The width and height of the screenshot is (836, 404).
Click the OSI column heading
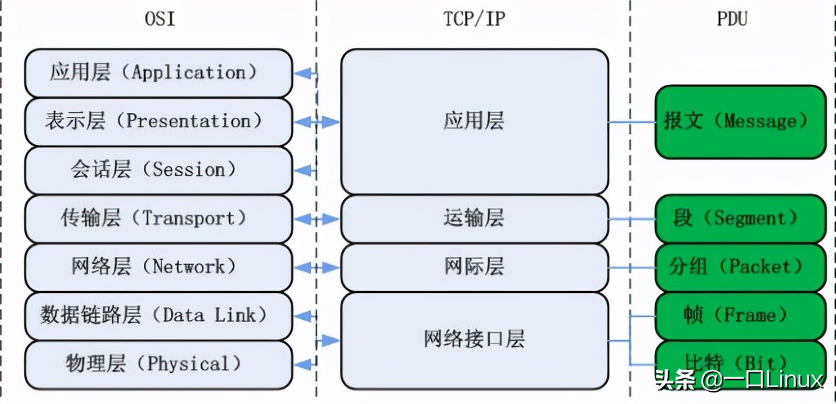[x=160, y=19]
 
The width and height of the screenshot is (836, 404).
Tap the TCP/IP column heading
[x=473, y=19]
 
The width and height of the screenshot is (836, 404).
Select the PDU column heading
[x=732, y=19]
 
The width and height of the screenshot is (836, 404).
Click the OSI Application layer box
[x=158, y=73]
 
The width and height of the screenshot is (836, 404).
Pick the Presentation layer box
[x=158, y=122]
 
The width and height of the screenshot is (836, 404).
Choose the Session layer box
[x=158, y=170]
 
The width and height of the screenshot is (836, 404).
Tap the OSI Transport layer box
[x=158, y=219]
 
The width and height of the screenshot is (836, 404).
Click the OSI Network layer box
[x=158, y=267]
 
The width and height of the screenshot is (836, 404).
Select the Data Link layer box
[x=158, y=315]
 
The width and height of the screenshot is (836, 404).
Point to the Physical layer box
[x=158, y=364]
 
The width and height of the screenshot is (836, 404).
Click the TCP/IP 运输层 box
[x=474, y=219]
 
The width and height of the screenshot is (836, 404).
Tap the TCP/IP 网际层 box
[x=474, y=267]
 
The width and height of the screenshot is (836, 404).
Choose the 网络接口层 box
[x=474, y=339]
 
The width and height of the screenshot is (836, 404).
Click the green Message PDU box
[x=740, y=122]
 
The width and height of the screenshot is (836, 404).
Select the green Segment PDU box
[x=740, y=219]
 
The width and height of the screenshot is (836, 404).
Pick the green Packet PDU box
[x=740, y=267]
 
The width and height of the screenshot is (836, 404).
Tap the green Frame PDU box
[x=740, y=315]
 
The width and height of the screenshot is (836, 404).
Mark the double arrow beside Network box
[x=317, y=268]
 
